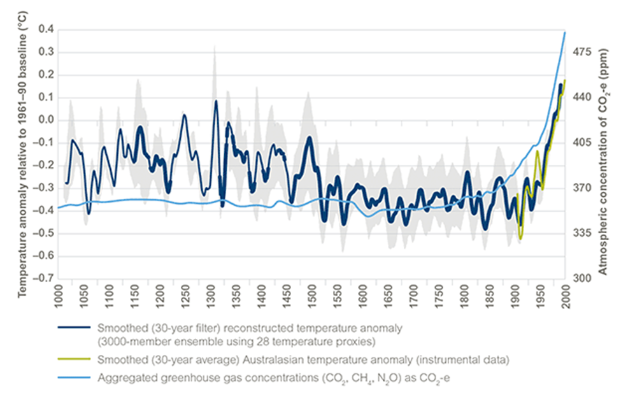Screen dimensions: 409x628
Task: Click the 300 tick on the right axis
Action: point(583,278)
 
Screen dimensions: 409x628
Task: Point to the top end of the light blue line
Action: point(565,32)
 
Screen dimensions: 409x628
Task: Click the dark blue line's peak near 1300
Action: point(216,101)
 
